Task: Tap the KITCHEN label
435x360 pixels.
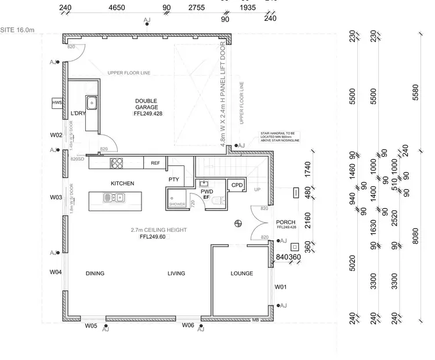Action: click(122, 183)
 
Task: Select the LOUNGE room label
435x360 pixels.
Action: click(242, 273)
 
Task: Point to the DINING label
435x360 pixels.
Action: click(95, 273)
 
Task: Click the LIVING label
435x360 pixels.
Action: click(176, 273)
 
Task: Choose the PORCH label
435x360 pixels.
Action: click(286, 222)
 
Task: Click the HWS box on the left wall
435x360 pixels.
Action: click(57, 103)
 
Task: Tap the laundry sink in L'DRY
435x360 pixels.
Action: click(92, 103)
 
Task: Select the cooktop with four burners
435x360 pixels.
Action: click(117, 163)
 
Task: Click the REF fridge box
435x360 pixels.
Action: click(155, 163)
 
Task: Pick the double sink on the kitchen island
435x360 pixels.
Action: click(113, 198)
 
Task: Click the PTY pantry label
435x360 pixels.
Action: click(174, 180)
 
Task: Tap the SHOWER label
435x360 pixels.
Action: click(176, 204)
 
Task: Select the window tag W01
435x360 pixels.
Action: click(281, 286)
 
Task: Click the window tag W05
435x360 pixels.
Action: click(90, 326)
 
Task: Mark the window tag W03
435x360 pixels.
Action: click(56, 197)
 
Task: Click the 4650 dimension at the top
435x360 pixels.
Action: click(117, 8)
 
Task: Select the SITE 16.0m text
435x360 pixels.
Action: click(18, 28)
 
